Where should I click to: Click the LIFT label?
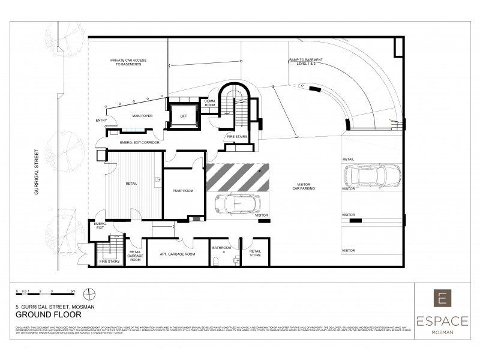(185, 116)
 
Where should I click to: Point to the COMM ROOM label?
(210, 103)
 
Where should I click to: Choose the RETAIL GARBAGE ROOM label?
(135, 257)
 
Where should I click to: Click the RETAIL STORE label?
(255, 252)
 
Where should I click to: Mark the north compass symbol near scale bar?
(88, 293)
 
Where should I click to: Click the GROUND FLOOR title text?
(41, 314)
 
